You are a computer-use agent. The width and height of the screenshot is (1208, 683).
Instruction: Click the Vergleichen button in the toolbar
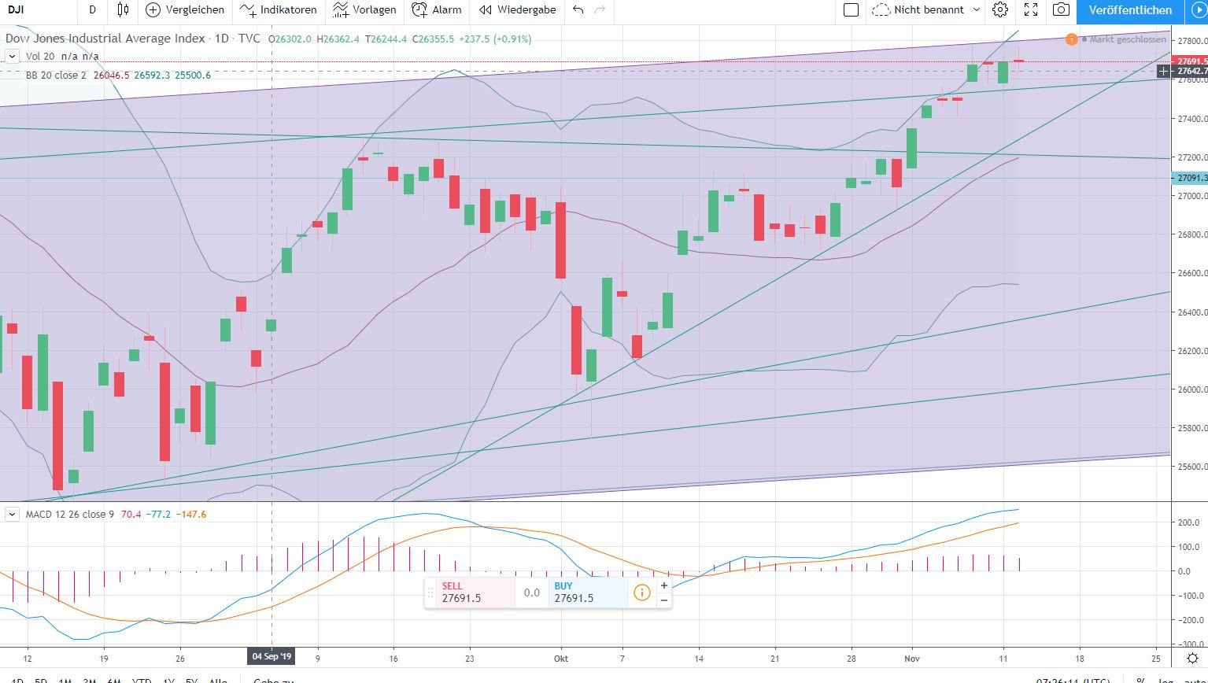pyautogui.click(x=185, y=10)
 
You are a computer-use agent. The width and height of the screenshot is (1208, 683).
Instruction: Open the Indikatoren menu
pyautogui.click(x=279, y=10)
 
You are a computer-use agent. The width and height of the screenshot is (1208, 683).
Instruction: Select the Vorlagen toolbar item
pyautogui.click(x=364, y=10)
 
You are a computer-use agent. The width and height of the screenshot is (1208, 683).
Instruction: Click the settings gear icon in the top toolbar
pyautogui.click(x=1000, y=10)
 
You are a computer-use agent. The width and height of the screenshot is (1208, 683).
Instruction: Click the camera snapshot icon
pyautogui.click(x=1061, y=10)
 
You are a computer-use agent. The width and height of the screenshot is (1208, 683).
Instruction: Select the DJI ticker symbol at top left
pyautogui.click(x=16, y=10)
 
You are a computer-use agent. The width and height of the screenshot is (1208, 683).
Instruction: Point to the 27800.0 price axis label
pyautogui.click(x=1188, y=41)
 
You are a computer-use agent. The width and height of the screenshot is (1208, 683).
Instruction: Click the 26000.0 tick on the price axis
pyautogui.click(x=1188, y=389)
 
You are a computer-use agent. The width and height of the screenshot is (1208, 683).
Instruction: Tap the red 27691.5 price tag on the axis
pyautogui.click(x=1188, y=61)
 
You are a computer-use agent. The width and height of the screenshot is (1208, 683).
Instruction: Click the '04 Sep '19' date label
pyautogui.click(x=272, y=655)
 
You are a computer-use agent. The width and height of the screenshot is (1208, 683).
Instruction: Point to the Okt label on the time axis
pyautogui.click(x=560, y=659)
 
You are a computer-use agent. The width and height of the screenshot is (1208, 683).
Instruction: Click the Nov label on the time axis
pyautogui.click(x=912, y=659)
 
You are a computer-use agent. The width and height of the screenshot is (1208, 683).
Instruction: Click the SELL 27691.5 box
pyautogui.click(x=469, y=592)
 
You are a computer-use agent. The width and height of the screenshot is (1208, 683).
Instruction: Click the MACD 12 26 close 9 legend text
pyautogui.click(x=68, y=515)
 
